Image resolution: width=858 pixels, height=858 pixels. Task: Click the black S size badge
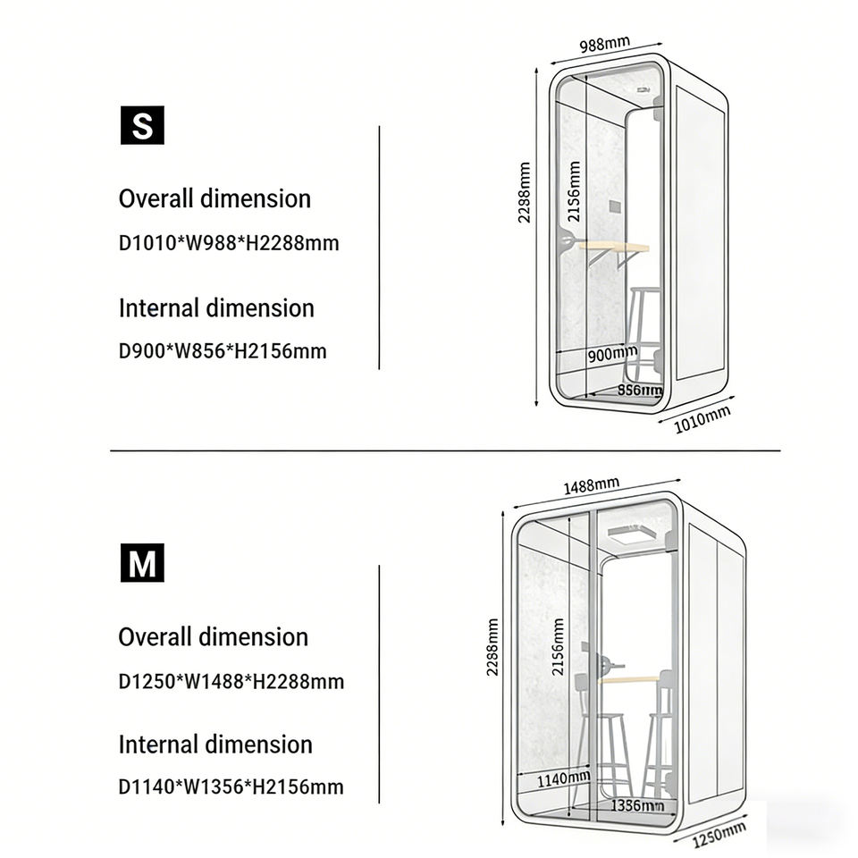click(142, 126)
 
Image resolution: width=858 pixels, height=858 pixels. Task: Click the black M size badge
click(142, 564)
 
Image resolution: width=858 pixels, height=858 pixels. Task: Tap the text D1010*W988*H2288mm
click(229, 243)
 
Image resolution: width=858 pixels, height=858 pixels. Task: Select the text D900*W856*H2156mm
click(223, 351)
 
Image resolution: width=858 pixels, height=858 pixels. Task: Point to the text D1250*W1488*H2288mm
click(231, 682)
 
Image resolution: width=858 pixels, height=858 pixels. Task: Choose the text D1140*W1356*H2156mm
click(231, 787)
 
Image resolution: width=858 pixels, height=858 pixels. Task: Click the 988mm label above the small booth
click(604, 45)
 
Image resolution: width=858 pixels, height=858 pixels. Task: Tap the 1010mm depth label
click(702, 418)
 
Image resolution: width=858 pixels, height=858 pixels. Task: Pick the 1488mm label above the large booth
click(591, 486)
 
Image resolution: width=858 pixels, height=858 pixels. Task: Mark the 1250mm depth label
click(719, 835)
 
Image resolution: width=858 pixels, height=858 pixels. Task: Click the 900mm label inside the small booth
click(612, 355)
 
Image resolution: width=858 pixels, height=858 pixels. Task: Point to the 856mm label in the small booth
click(640, 390)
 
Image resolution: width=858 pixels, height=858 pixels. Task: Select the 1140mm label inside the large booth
click(563, 779)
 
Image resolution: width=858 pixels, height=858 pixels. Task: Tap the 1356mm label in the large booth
click(636, 806)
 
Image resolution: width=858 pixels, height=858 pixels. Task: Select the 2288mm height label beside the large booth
click(492, 647)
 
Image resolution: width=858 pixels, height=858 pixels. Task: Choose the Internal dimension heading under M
click(215, 744)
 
